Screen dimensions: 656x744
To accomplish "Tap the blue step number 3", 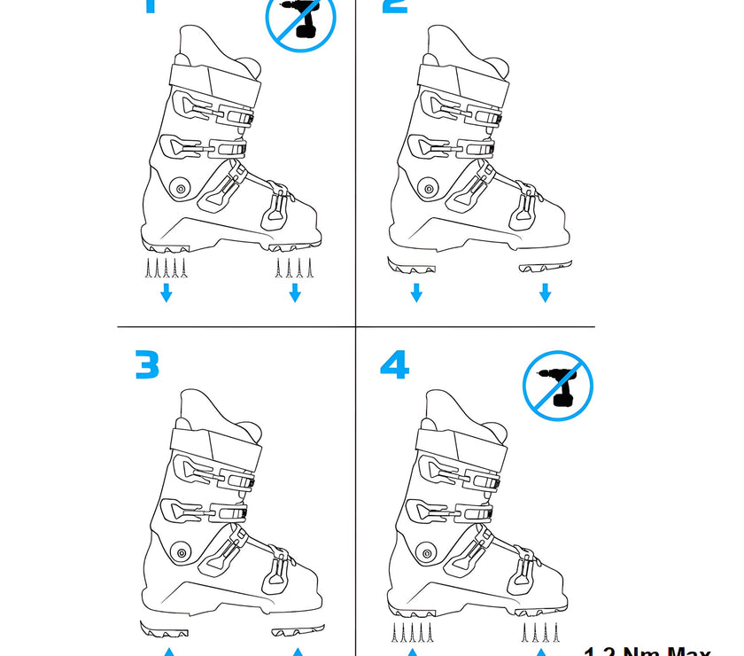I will pos(148,364).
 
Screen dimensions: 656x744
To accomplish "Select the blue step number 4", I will pos(394,364).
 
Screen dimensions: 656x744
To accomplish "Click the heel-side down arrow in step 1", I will pos(166,293).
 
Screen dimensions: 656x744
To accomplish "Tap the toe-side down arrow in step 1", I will pos(295,293).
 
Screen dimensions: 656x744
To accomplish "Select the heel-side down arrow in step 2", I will pos(416,293).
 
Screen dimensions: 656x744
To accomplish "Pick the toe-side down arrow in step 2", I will pos(545,293).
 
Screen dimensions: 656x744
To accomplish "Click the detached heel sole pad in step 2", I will pos(412,265).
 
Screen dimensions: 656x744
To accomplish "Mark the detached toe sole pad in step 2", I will pos(546,264).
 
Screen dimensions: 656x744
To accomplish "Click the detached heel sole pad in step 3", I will pos(165,630).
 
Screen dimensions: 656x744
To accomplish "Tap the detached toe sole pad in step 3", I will pos(298,630).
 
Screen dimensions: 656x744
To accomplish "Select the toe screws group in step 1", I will pos(295,267).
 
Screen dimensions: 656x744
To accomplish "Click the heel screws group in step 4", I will pos(412,633).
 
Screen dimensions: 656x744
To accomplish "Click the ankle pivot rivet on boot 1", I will pos(181,188).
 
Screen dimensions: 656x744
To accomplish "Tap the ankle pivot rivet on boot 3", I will pos(181,552).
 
